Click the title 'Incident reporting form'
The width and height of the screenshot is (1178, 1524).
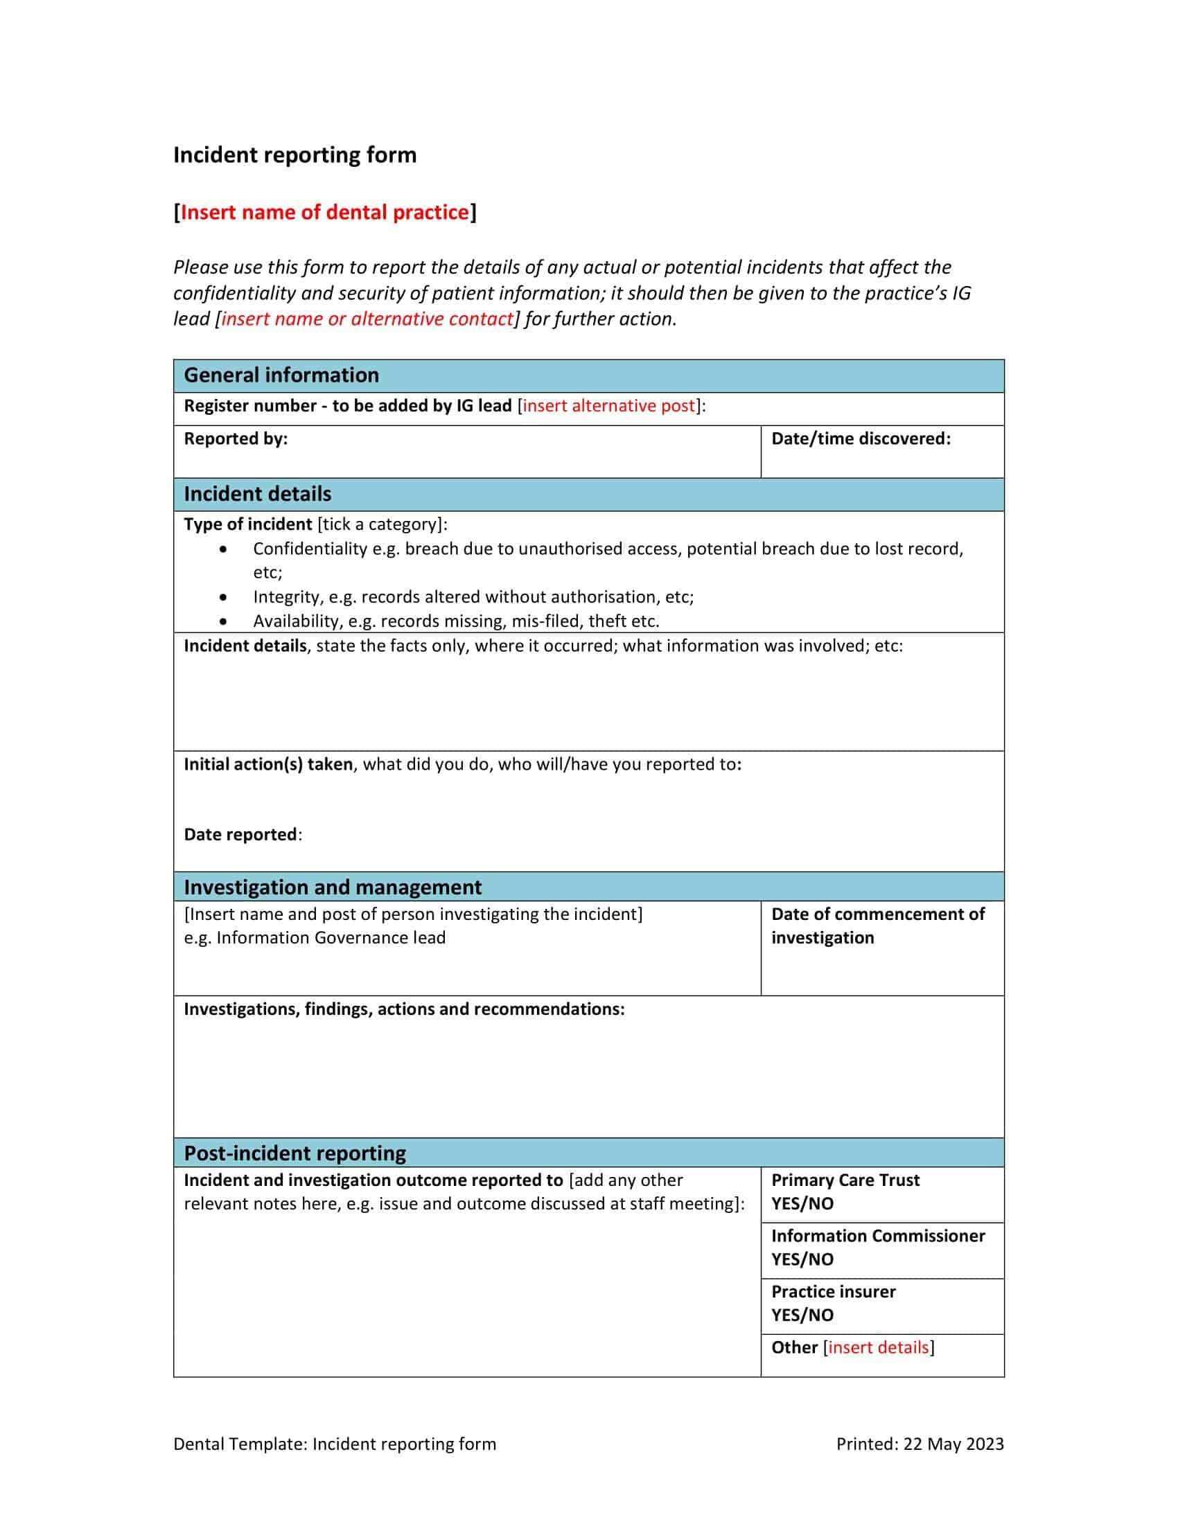(x=294, y=155)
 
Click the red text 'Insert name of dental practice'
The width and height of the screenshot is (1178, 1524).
(x=324, y=212)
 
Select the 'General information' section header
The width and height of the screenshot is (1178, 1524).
(x=281, y=375)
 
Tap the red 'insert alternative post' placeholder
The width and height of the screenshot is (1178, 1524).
(x=608, y=406)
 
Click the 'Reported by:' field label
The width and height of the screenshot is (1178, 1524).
(x=236, y=439)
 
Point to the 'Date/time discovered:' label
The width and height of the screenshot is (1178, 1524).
(x=861, y=439)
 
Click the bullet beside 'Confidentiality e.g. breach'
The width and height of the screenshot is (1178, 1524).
(x=222, y=549)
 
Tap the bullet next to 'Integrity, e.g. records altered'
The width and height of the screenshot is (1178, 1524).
(x=222, y=597)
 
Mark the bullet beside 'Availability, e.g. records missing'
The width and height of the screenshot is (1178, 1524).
(x=222, y=621)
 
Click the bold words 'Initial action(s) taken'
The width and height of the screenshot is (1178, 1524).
(x=268, y=765)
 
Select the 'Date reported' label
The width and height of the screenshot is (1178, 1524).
(x=240, y=835)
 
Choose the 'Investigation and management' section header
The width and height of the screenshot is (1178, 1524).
(x=332, y=887)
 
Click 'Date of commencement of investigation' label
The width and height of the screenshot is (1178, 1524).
(x=877, y=926)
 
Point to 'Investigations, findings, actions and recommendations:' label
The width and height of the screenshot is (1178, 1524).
(x=404, y=1009)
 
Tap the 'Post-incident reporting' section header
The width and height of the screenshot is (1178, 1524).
(x=294, y=1153)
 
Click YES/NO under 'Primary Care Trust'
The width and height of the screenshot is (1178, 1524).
(x=802, y=1204)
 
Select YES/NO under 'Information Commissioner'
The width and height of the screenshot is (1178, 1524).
(x=802, y=1259)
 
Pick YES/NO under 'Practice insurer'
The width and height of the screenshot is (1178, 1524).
(x=802, y=1315)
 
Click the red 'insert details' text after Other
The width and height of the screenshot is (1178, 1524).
(x=878, y=1347)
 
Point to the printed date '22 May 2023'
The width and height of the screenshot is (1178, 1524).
(x=953, y=1444)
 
